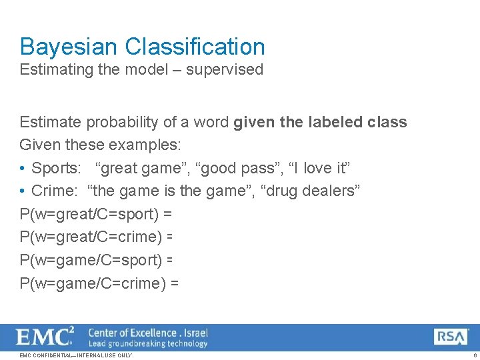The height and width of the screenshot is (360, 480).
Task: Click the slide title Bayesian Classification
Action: coord(142,47)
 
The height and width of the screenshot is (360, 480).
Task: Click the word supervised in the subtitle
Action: coord(225,69)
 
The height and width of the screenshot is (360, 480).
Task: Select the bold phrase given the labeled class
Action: coord(320,122)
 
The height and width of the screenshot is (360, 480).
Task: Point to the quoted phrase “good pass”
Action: coord(217,168)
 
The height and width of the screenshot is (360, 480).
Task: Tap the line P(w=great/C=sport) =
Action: coord(96,215)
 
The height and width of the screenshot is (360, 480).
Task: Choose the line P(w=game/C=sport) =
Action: coord(97,260)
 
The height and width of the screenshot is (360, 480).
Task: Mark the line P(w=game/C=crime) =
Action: coord(99,283)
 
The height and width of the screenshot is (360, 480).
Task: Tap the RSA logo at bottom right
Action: coord(451,337)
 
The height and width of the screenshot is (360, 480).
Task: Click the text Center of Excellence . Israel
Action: coord(148,332)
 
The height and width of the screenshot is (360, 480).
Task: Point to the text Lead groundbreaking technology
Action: coord(148,343)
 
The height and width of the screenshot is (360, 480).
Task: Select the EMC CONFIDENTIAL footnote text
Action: coord(76,355)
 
